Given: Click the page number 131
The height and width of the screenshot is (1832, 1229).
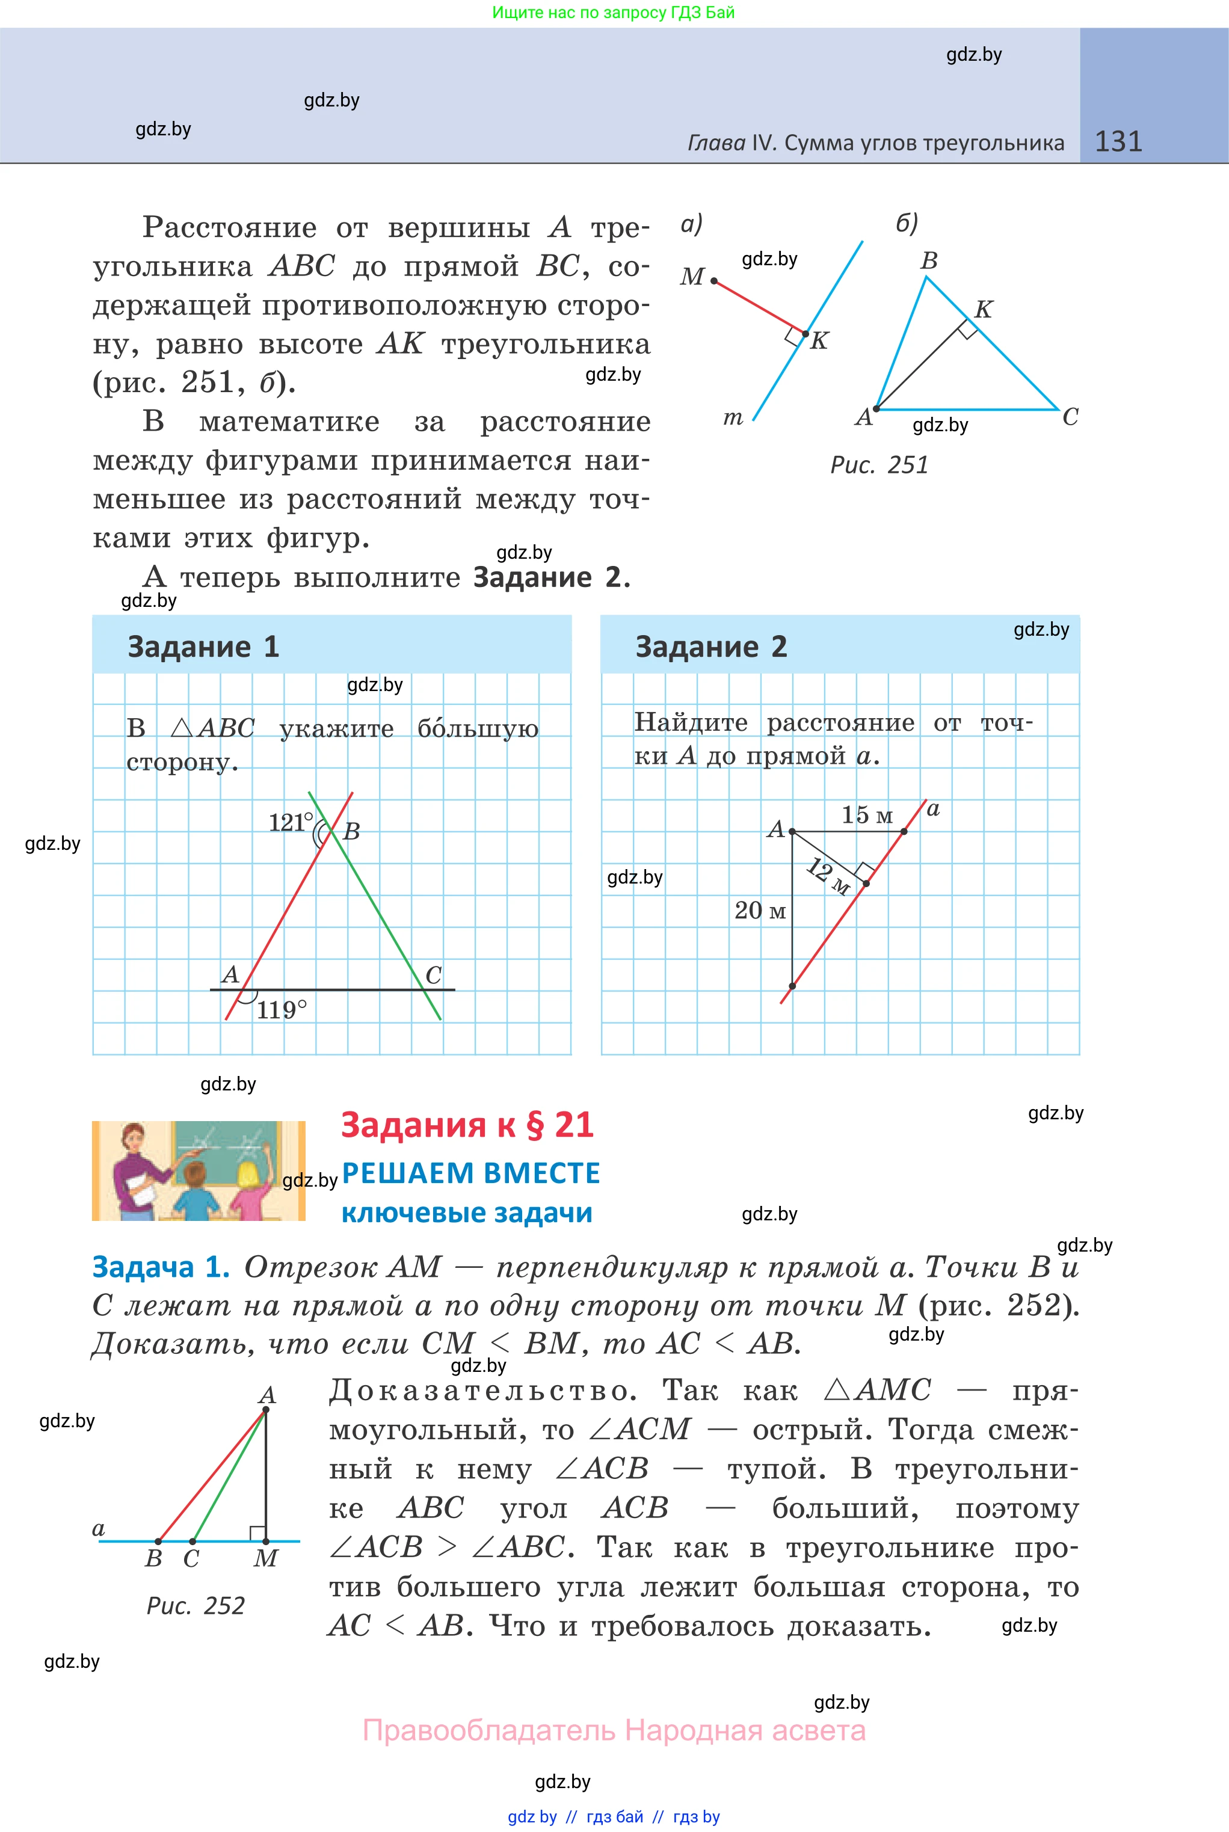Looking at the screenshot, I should [x=1118, y=141].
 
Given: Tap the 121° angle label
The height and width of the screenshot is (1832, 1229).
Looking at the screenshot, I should [x=290, y=822].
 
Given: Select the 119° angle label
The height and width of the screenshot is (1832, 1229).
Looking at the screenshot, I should [x=282, y=1009].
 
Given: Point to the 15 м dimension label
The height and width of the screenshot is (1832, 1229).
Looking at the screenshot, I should [x=867, y=815].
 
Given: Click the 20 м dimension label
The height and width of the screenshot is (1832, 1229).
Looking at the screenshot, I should [x=760, y=911].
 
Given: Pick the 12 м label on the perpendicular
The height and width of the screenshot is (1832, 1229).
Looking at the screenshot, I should [x=828, y=875].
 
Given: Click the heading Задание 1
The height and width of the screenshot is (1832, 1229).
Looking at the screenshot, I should [x=203, y=647].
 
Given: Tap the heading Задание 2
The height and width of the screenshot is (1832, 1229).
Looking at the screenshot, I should [x=711, y=647].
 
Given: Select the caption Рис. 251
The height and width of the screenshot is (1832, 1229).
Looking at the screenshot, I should [x=879, y=465].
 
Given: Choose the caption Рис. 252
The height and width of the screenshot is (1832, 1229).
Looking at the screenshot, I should [x=195, y=1605].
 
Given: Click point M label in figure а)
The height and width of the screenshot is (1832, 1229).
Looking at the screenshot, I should [x=692, y=277].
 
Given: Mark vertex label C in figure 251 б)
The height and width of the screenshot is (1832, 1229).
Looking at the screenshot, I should [x=1070, y=417].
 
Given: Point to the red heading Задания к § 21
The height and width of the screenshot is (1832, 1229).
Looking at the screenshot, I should [x=467, y=1125].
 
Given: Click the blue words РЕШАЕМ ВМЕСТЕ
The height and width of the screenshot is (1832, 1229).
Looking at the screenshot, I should [x=471, y=1173].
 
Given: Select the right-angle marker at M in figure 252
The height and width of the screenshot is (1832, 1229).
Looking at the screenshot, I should [x=256, y=1532].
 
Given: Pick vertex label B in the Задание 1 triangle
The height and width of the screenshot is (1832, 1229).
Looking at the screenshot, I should [x=351, y=831].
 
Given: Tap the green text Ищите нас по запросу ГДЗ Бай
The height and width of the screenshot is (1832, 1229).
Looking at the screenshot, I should [x=614, y=13].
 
